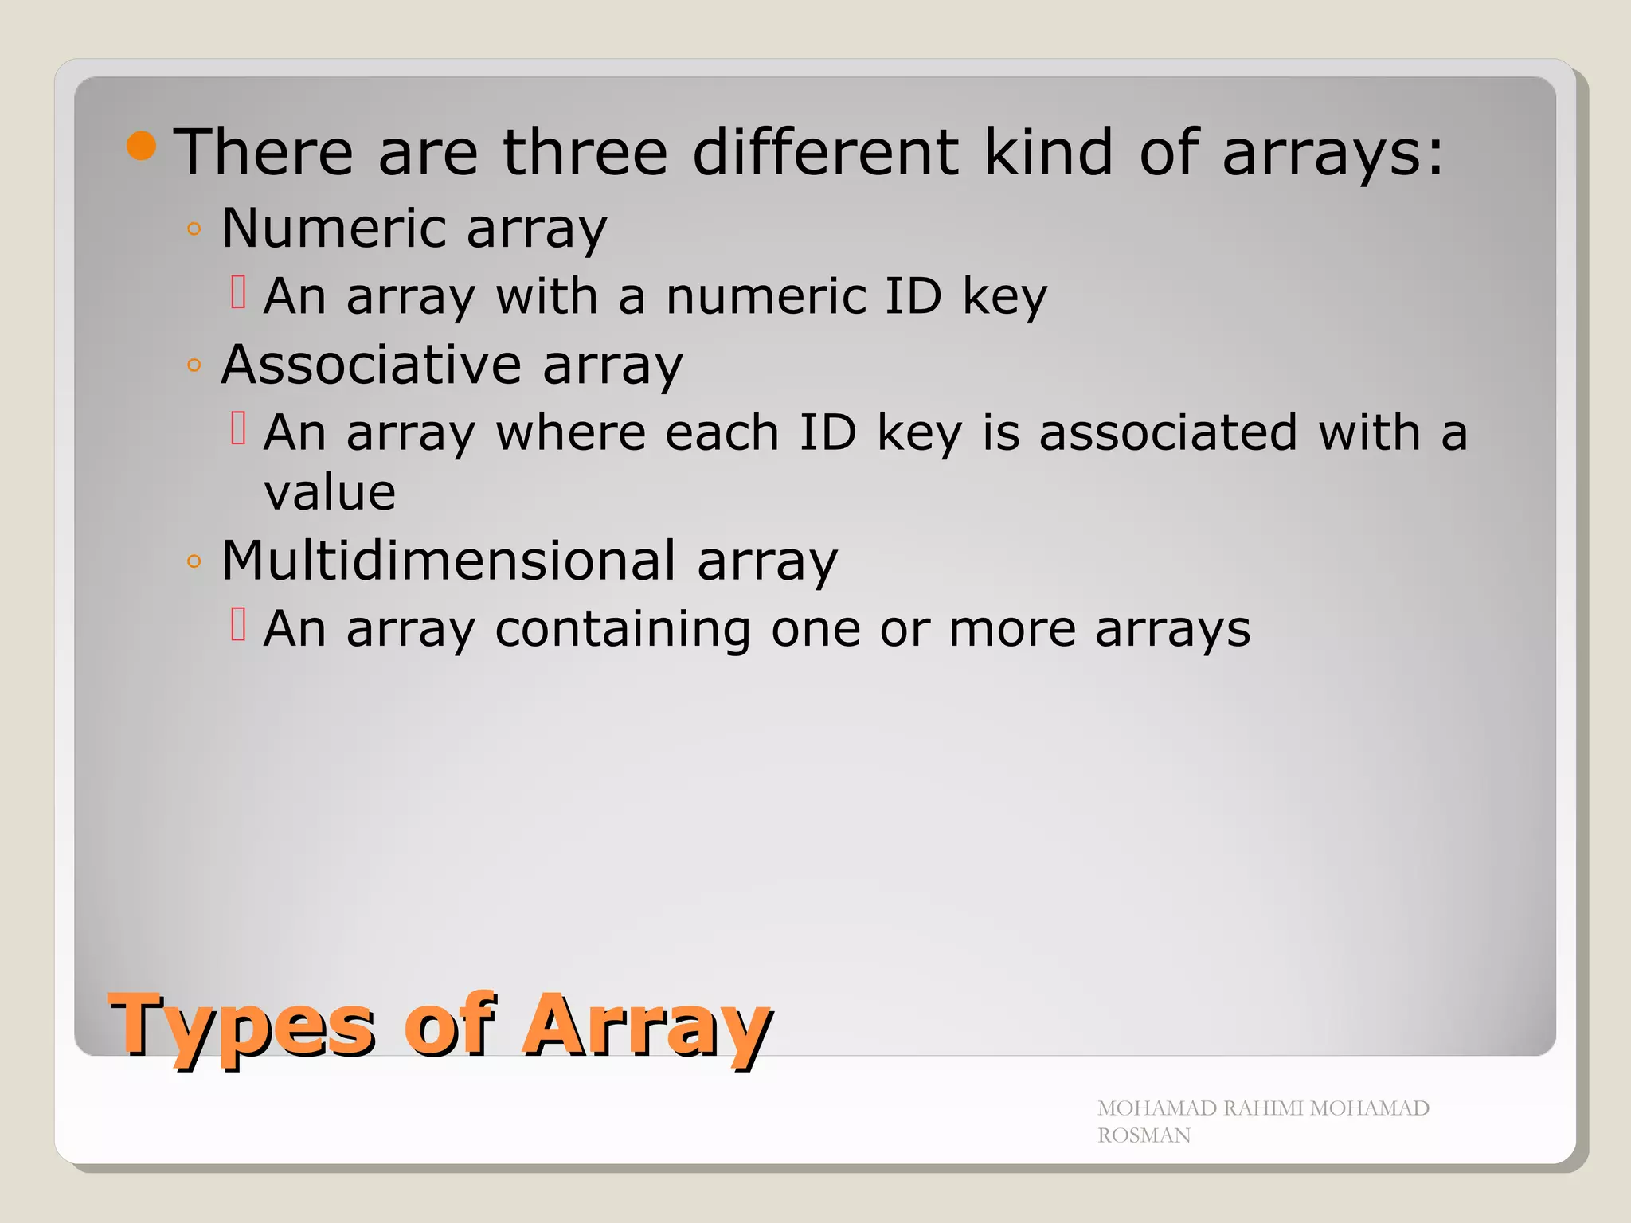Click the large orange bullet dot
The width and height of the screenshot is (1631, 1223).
pyautogui.click(x=141, y=147)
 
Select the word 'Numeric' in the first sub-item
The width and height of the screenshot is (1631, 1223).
pyautogui.click(x=334, y=229)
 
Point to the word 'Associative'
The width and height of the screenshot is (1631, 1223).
pyautogui.click(x=371, y=365)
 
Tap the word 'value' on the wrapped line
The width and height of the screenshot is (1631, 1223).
pyautogui.click(x=330, y=493)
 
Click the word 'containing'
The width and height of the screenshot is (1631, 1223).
pyautogui.click(x=623, y=629)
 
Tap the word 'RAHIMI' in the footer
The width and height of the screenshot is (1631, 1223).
pyautogui.click(x=1264, y=1108)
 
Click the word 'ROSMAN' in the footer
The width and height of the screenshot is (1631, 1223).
pyautogui.click(x=1144, y=1135)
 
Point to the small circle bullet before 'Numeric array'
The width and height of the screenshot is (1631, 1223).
pyautogui.click(x=194, y=230)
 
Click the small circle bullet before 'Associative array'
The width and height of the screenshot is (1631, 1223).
pyautogui.click(x=194, y=366)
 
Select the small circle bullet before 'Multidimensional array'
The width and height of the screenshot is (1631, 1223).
pyautogui.click(x=194, y=561)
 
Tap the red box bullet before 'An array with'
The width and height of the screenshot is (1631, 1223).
pyautogui.click(x=238, y=291)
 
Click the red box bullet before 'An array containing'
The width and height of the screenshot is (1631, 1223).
pyautogui.click(x=238, y=624)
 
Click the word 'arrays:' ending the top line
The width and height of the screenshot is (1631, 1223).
pyautogui.click(x=1332, y=153)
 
